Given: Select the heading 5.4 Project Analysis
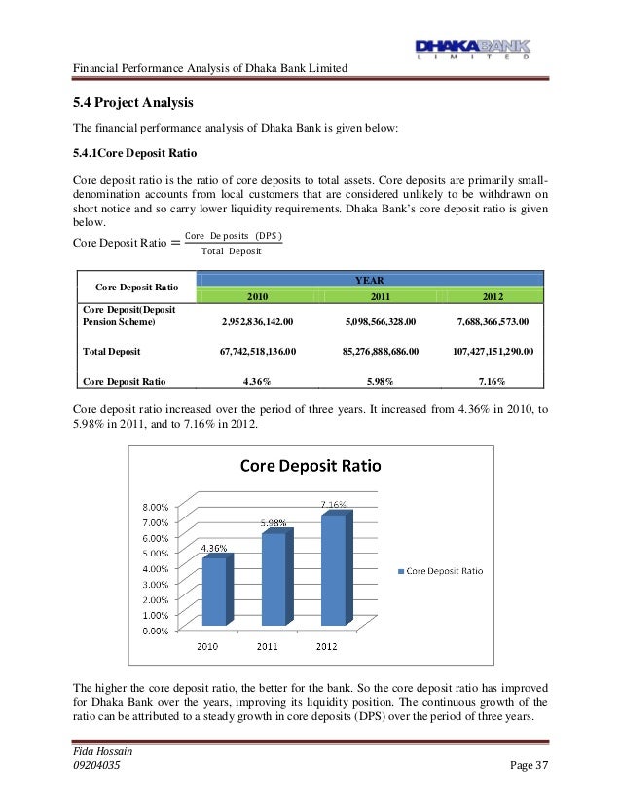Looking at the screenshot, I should pyautogui.click(x=133, y=103).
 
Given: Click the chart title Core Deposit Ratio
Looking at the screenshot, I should pyautogui.click(x=310, y=466).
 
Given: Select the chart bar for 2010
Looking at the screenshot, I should pyautogui.click(x=213, y=591).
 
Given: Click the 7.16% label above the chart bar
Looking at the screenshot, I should pyautogui.click(x=333, y=504).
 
